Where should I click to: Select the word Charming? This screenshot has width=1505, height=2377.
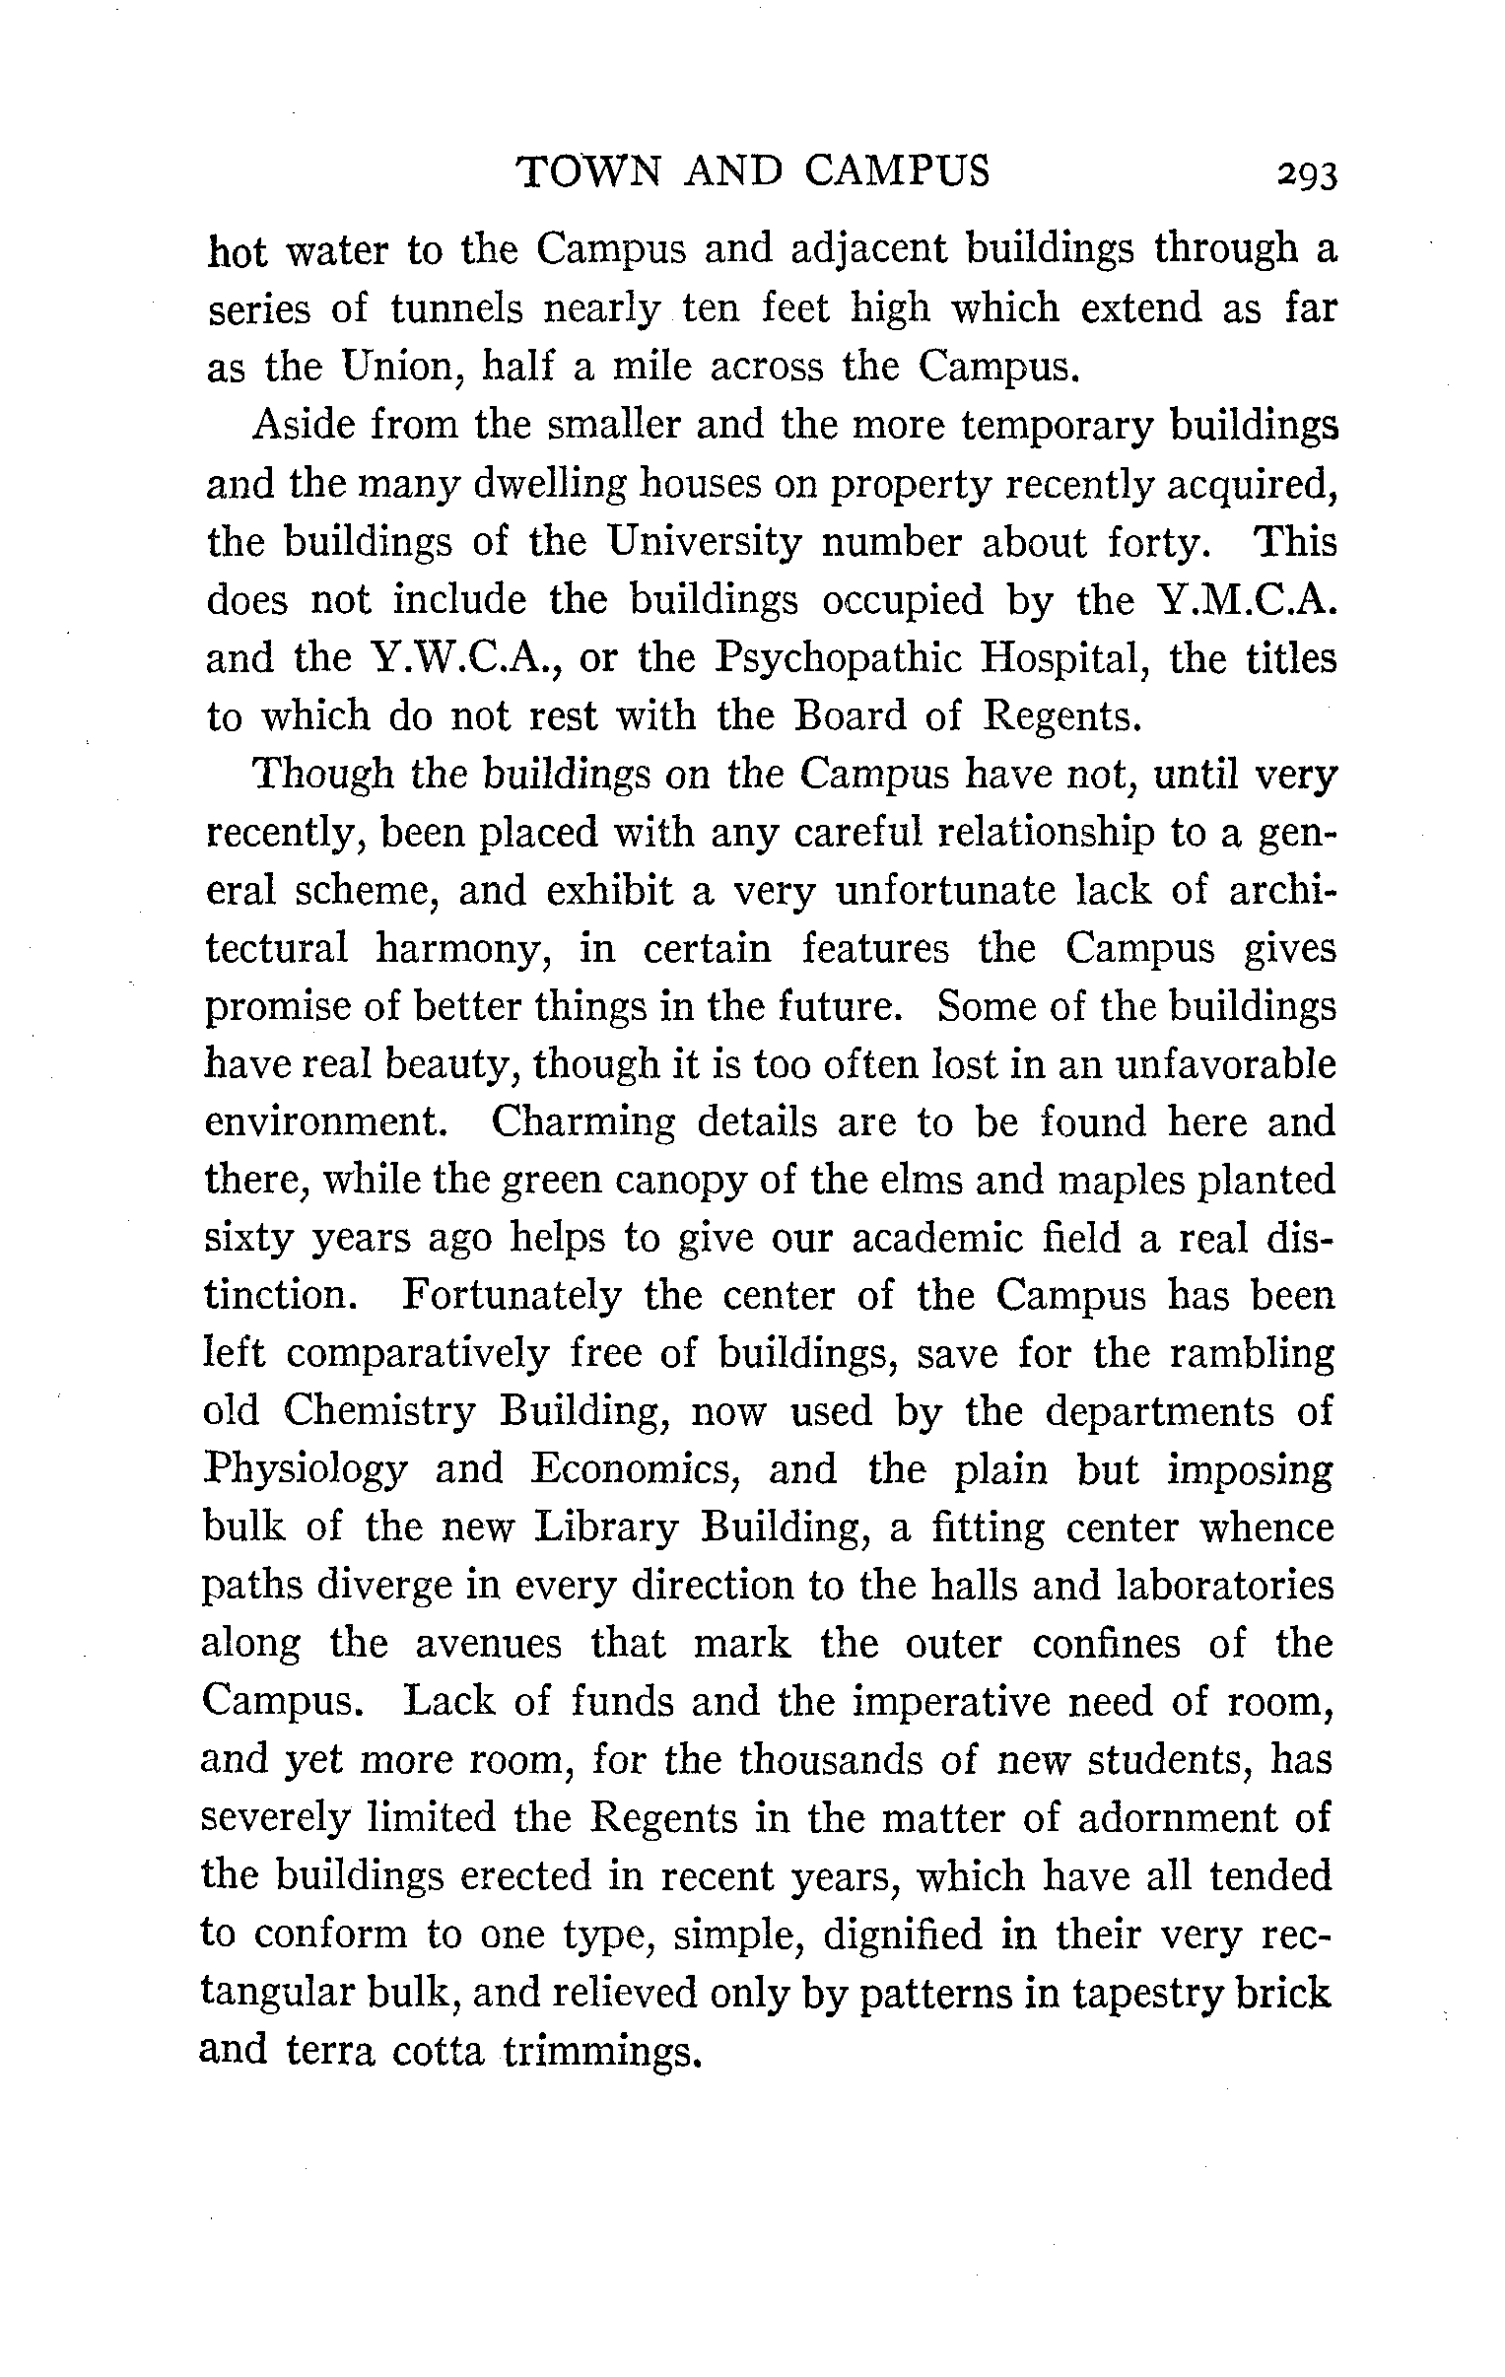point(582,1122)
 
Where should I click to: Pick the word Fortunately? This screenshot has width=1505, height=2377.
point(512,1296)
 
